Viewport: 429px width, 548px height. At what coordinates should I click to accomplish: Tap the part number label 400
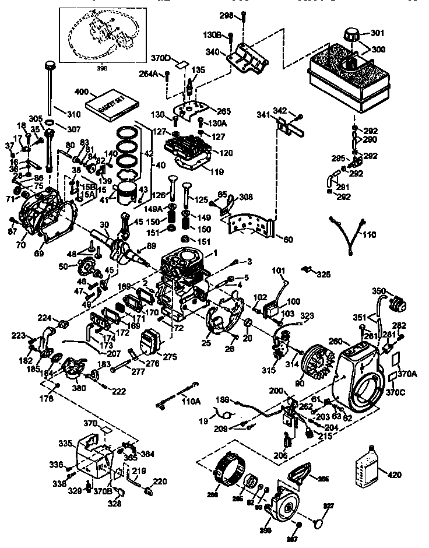coord(81,93)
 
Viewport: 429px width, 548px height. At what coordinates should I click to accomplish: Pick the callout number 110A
coord(189,401)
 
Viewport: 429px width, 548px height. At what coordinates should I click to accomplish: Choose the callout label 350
coord(379,291)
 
